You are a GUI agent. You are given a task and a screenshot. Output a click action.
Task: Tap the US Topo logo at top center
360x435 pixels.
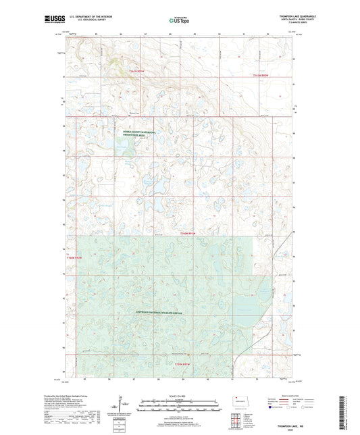pos(179,21)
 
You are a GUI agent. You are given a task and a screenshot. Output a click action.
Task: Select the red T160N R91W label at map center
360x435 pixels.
pos(191,233)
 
